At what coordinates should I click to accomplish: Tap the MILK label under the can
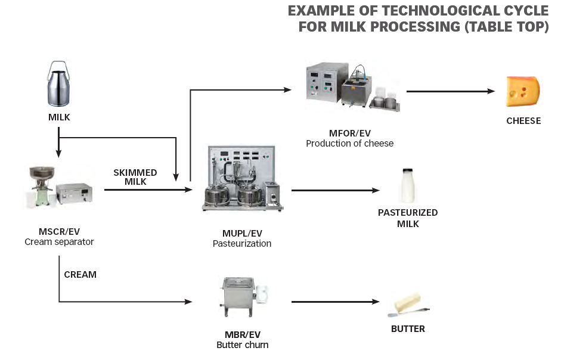pyautogui.click(x=59, y=117)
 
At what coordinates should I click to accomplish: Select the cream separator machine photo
pyautogui.click(x=58, y=187)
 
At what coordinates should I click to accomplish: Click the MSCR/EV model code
pyautogui.click(x=59, y=231)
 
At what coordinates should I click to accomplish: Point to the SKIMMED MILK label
pyautogui.click(x=135, y=177)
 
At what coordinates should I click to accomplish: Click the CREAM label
pyautogui.click(x=80, y=275)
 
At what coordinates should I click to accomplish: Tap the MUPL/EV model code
pyautogui.click(x=242, y=233)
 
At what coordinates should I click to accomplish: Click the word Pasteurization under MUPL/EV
pyautogui.click(x=242, y=243)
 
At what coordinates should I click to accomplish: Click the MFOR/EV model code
pyautogui.click(x=349, y=133)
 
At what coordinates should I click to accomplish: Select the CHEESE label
pyautogui.click(x=523, y=121)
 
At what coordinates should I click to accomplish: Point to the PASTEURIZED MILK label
pyautogui.click(x=408, y=218)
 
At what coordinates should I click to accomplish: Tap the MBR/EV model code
pyautogui.click(x=242, y=334)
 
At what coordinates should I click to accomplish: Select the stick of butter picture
pyautogui.click(x=408, y=305)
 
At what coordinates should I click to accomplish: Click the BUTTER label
pyautogui.click(x=408, y=329)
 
